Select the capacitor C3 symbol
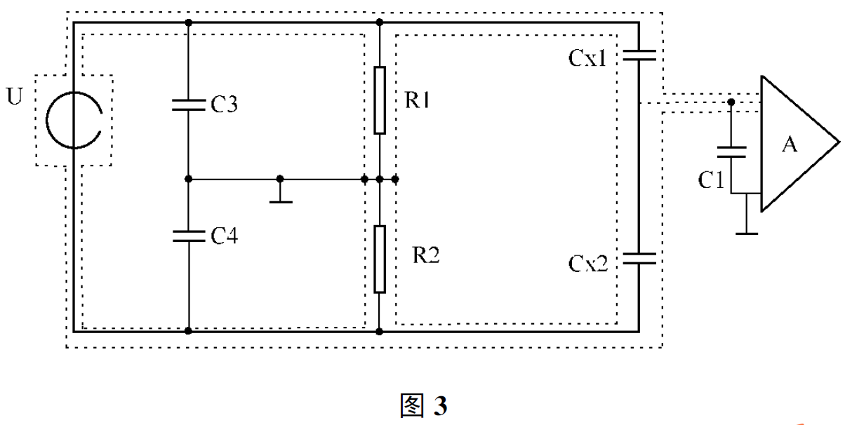click(188, 105)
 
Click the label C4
click(225, 236)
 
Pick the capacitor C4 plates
click(188, 236)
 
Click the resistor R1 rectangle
click(379, 100)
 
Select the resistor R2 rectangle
click(379, 259)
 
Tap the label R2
click(425, 255)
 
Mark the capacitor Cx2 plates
click(639, 258)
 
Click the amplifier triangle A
click(793, 143)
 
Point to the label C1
click(710, 180)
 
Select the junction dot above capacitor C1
click(731, 102)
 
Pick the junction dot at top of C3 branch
click(188, 22)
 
